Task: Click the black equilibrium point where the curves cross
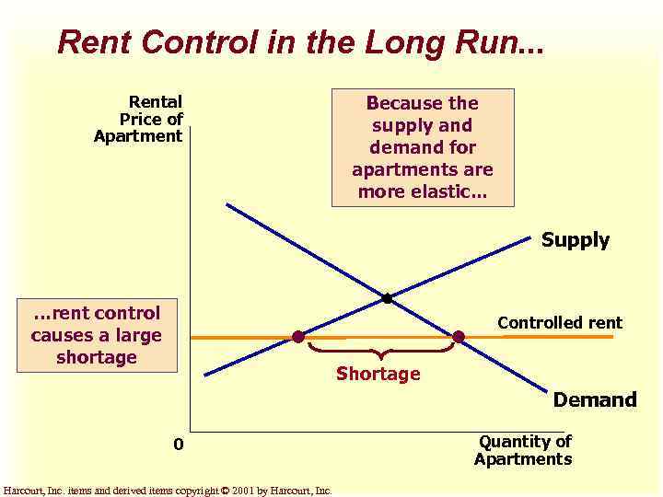point(387,298)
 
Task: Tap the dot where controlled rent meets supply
point(298,337)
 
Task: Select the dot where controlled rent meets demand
point(459,337)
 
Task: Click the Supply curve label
point(575,240)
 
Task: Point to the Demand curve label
point(594,399)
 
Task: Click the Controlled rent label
point(560,323)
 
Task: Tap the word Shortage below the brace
point(378,374)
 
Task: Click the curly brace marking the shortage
point(381,351)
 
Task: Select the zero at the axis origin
point(179,445)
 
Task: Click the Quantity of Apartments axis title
point(523,450)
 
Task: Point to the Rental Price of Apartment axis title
point(139,120)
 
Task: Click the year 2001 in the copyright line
point(243,491)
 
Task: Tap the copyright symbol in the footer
point(225,491)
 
